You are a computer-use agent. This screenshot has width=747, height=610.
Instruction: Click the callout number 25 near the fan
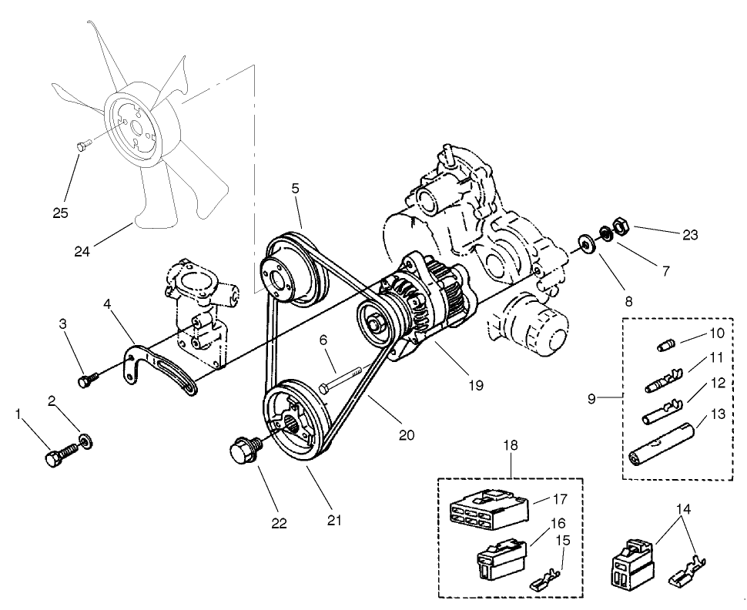pyautogui.click(x=61, y=213)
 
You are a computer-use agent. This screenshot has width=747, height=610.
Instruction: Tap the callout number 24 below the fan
pyautogui.click(x=83, y=250)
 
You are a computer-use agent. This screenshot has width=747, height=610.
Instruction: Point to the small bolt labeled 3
pyautogui.click(x=86, y=380)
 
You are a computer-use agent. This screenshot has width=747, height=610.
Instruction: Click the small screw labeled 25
pyautogui.click(x=83, y=143)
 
